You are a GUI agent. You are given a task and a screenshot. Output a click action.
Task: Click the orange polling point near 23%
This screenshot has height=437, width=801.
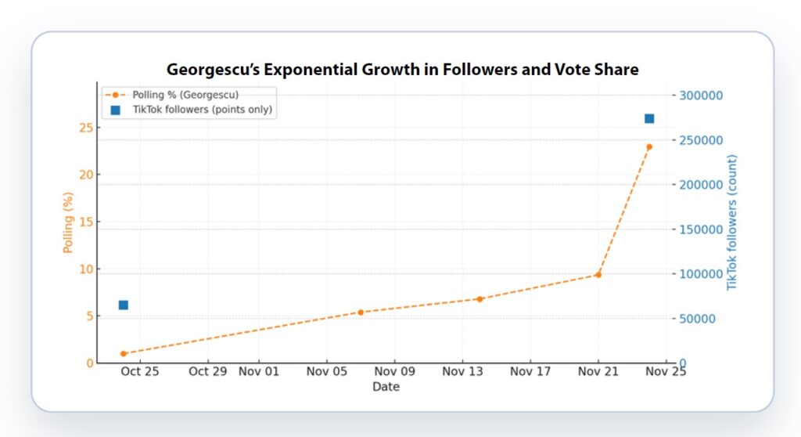pyautogui.click(x=648, y=146)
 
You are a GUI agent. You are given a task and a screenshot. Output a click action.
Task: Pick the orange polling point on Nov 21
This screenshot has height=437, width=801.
pyautogui.click(x=598, y=275)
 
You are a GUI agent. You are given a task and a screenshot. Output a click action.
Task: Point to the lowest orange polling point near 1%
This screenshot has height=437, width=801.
pyautogui.click(x=123, y=354)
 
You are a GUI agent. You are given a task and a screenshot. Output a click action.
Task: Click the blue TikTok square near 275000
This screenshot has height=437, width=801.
pyautogui.click(x=648, y=118)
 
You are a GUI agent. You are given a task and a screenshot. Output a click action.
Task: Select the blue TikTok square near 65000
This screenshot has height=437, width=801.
pyautogui.click(x=123, y=305)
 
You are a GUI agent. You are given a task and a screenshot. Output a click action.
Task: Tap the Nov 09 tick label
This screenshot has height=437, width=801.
pyautogui.click(x=394, y=371)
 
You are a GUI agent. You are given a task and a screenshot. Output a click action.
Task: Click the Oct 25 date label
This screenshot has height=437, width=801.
pyautogui.click(x=141, y=371)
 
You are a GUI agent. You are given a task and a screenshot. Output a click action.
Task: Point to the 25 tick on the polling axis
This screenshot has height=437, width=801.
pyautogui.click(x=87, y=128)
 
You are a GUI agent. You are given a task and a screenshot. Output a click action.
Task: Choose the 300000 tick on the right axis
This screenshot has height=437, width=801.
pyautogui.click(x=700, y=96)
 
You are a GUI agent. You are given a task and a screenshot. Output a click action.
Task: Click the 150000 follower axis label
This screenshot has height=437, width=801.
pyautogui.click(x=700, y=229)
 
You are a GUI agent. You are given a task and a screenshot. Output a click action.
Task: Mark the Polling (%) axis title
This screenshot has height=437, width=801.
pyautogui.click(x=69, y=224)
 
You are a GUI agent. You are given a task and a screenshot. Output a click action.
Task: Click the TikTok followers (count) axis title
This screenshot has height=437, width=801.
pyautogui.click(x=733, y=222)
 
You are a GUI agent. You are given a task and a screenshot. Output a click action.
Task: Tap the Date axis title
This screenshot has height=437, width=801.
pyautogui.click(x=386, y=386)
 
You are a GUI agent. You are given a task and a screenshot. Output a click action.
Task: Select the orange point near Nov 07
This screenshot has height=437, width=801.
pyautogui.click(x=361, y=312)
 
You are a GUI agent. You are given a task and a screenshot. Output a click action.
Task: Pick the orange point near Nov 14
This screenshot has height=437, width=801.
pyautogui.click(x=480, y=298)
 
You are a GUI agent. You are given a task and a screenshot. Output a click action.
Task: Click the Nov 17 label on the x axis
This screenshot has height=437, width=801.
pyautogui.click(x=530, y=371)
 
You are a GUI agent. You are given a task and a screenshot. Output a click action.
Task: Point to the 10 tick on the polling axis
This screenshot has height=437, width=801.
pyautogui.click(x=87, y=269)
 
